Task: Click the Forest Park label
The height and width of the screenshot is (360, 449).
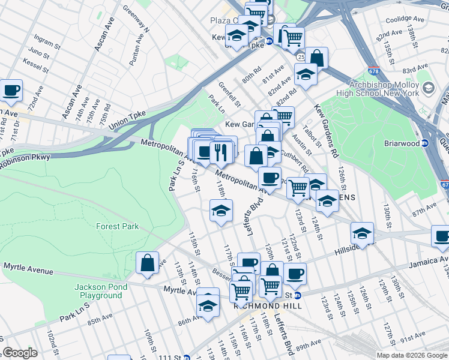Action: click(118, 226)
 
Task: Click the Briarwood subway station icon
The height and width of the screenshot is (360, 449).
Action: click(424, 143)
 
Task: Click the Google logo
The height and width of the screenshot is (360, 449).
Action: click(20, 353)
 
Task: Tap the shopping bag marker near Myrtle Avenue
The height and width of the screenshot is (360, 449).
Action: click(147, 263)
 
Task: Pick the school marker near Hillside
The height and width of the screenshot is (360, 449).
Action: click(362, 233)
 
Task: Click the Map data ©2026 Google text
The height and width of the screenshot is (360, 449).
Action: click(411, 355)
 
